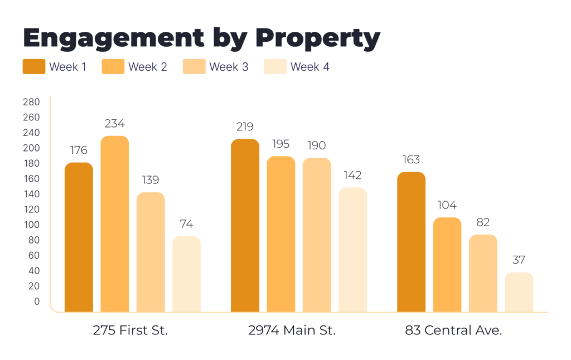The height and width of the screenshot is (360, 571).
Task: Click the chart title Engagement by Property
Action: (201, 38)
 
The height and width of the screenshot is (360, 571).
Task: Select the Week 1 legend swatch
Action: (33, 67)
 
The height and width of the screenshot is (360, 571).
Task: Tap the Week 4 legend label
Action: (310, 67)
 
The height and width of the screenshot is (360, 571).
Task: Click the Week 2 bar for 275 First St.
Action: (115, 223)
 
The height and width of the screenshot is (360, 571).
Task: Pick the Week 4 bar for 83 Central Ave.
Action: (519, 292)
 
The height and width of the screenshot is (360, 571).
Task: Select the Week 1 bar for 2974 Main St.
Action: (245, 225)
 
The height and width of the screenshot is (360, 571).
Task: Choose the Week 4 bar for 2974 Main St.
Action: (352, 250)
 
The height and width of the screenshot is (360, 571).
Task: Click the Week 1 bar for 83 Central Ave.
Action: (411, 242)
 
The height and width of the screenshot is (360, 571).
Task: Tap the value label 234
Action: (114, 124)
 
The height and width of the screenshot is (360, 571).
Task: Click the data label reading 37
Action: (519, 260)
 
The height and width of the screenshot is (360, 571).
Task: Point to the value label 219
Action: (245, 127)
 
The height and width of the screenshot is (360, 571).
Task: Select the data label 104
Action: (447, 205)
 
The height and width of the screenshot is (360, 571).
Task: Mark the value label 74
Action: (186, 224)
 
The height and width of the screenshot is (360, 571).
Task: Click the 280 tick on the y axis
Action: (31, 102)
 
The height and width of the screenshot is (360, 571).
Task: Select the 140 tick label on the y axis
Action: (31, 194)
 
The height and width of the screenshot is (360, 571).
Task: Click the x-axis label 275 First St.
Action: (130, 330)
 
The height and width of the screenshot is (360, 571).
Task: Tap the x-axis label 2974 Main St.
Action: (292, 330)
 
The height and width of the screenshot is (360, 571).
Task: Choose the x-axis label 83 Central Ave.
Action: (453, 330)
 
